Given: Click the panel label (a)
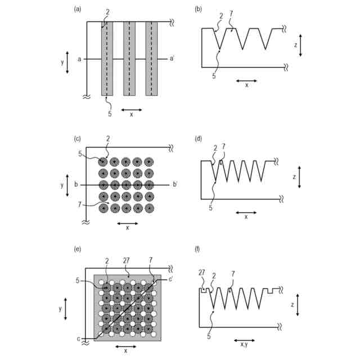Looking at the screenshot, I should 78,9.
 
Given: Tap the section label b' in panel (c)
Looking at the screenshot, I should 175,184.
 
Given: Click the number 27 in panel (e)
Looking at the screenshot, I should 127,260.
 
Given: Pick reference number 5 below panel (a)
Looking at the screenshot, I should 110,114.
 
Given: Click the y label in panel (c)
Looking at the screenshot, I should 62,185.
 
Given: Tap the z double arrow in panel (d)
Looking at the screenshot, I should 300,176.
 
